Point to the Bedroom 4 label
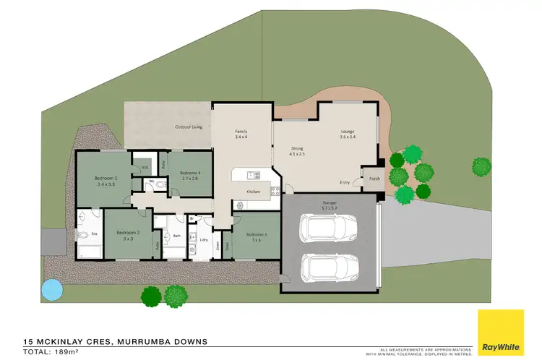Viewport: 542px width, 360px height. tap(189, 173)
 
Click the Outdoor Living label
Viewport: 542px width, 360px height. tap(187, 128)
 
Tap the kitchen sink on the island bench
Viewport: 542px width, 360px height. tap(252, 174)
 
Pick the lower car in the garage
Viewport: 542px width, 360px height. tap(328, 268)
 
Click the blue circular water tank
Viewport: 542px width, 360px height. tap(51, 289)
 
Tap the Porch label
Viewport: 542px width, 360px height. tap(374, 179)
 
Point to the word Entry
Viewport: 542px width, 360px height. tap(345, 182)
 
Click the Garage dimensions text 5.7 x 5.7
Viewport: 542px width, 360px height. tap(330, 207)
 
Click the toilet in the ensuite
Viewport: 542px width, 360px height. tap(84, 235)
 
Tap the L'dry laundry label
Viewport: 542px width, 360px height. tap(204, 239)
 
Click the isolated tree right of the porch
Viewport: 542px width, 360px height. tap(482, 167)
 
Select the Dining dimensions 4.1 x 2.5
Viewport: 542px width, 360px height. tap(298, 153)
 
